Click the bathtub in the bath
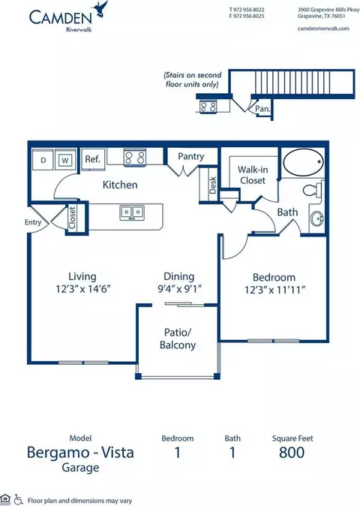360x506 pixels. tap(303, 162)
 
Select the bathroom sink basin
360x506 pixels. tap(317, 219)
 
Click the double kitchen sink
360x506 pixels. tap(132, 212)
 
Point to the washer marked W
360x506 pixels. tap(65, 159)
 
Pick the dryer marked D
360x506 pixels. tap(43, 159)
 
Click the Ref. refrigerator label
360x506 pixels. tap(92, 158)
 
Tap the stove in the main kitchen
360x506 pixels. tap(135, 158)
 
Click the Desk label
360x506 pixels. tap(213, 185)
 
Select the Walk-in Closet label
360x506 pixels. tap(253, 175)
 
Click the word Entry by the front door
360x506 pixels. tap(33, 222)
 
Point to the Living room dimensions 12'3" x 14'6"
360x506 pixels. tap(83, 288)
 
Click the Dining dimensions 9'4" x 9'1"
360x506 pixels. tap(179, 288)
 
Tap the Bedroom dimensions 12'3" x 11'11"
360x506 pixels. tap(274, 290)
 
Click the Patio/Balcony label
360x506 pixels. tap(178, 339)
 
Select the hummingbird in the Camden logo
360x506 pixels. tap(100, 9)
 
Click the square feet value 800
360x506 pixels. tap(292, 453)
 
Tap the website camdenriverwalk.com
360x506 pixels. tap(323, 29)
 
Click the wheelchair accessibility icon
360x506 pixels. tap(19, 499)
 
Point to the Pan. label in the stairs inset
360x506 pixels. tap(262, 109)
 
